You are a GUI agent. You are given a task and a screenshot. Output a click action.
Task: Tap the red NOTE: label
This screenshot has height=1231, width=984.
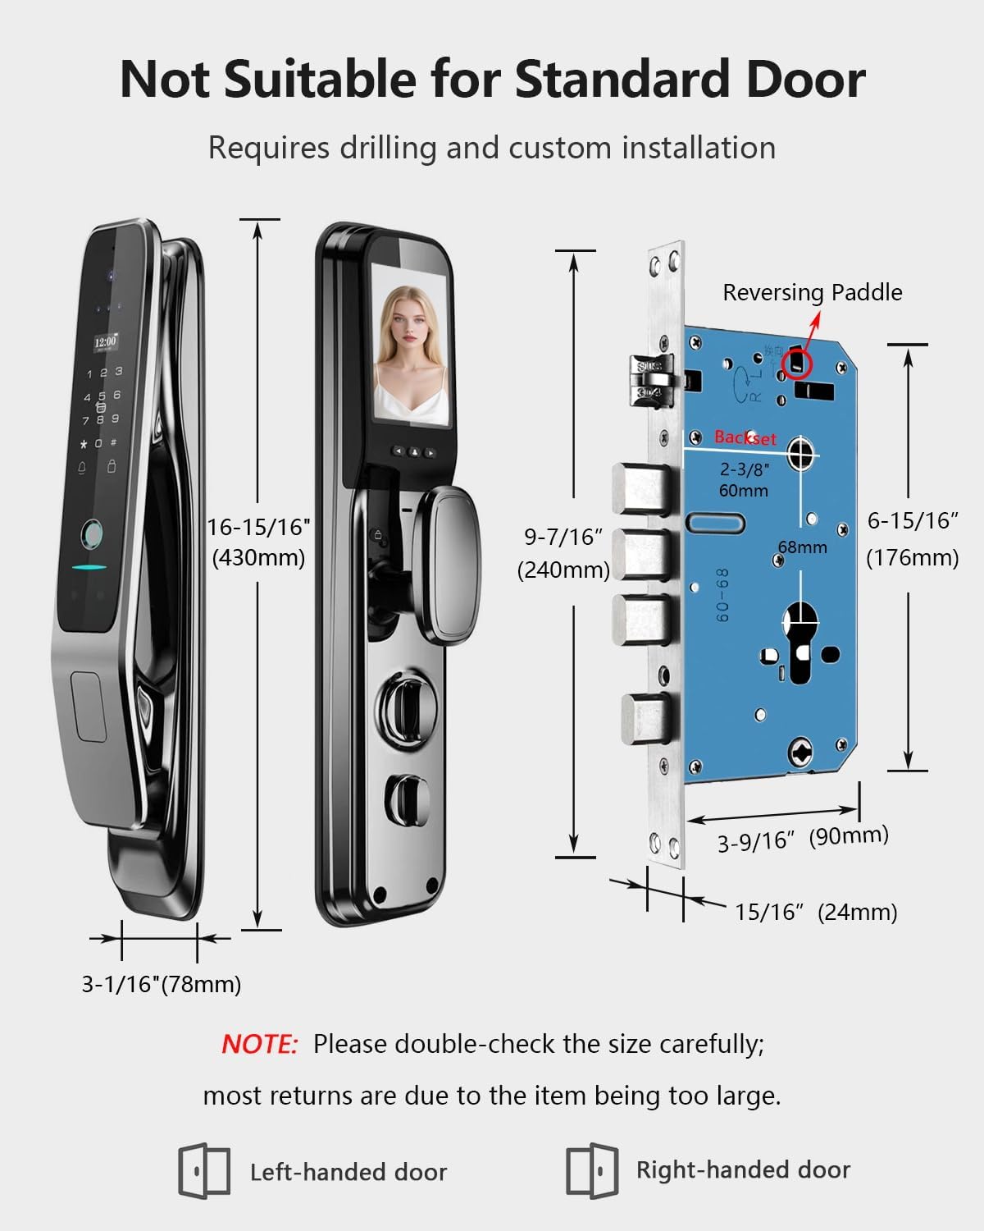coord(259,1044)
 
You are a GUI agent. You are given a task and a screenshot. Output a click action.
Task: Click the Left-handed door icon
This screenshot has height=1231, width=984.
coord(204,1170)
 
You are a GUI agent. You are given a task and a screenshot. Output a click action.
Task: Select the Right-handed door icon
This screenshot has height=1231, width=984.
coord(591,1170)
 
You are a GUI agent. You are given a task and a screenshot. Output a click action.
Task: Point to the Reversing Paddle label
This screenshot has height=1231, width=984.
coord(812,292)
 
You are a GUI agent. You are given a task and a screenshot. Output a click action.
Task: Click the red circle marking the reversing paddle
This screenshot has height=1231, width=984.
coord(795,362)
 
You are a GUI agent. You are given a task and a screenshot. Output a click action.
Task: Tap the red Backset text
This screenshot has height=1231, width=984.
coord(745,437)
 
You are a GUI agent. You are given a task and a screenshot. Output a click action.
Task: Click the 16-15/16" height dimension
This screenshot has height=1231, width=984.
coord(258,527)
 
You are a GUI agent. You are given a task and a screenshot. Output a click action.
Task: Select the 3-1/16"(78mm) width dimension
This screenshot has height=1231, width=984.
coord(162,983)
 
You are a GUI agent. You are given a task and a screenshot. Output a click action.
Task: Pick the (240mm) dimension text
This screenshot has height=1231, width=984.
coord(563,570)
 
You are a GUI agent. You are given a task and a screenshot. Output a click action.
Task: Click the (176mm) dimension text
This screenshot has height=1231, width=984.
coord(913,558)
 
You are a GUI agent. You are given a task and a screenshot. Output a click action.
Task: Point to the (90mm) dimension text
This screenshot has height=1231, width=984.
coord(849,836)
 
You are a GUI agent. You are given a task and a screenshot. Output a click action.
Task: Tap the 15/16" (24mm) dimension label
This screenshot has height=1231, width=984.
coord(816,912)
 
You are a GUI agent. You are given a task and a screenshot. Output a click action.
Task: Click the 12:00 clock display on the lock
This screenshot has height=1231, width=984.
coord(105,341)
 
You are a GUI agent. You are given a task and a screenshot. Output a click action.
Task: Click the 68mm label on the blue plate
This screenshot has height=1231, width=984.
coord(802,547)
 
